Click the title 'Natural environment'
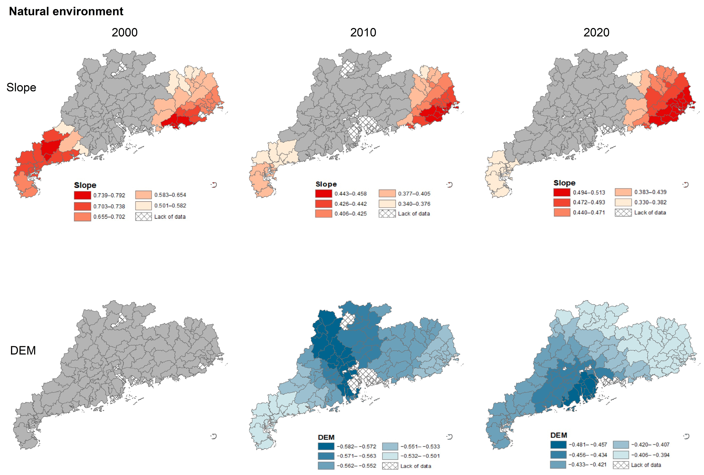(x=66, y=12)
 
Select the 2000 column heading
(x=124, y=32)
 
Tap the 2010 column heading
(x=363, y=32)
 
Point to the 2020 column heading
(x=596, y=32)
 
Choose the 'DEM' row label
(x=23, y=350)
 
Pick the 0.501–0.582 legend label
(x=170, y=206)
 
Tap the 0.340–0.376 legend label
(x=414, y=204)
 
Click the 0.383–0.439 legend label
(x=650, y=192)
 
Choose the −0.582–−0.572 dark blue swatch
(x=326, y=446)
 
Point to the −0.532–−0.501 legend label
(x=420, y=456)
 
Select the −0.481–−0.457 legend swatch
(x=558, y=444)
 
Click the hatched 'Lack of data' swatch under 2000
(x=143, y=217)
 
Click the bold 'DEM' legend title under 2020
(x=559, y=435)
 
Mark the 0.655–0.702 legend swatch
(x=82, y=217)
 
